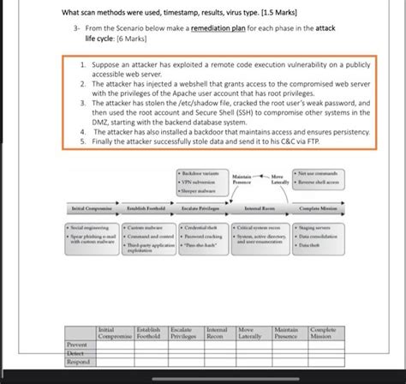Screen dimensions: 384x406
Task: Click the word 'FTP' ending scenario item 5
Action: click(x=300, y=141)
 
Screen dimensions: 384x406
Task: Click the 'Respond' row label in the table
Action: click(x=78, y=361)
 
